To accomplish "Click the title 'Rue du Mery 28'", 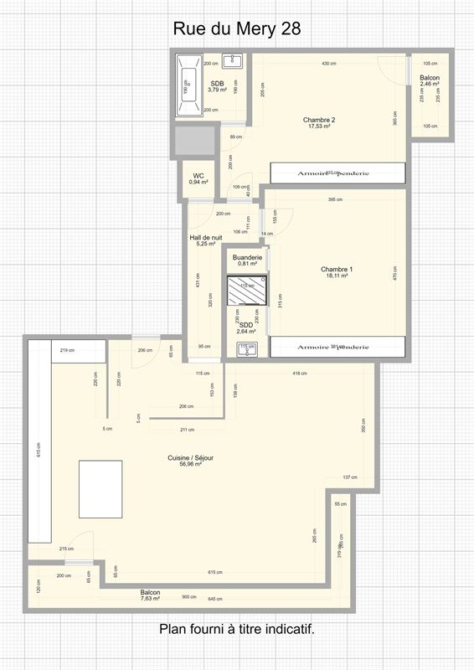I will click(x=237, y=29).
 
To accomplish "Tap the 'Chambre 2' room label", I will click(x=319, y=120).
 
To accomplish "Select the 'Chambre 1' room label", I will click(x=337, y=269).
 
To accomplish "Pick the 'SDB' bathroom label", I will click(x=217, y=83).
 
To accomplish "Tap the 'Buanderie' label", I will click(x=247, y=257).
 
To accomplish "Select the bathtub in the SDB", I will click(x=188, y=85).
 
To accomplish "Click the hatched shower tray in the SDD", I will click(x=247, y=292).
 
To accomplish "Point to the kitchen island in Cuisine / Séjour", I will click(x=100, y=488).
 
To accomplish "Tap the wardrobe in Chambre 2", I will click(x=337, y=173).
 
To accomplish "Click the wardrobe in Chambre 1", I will click(x=337, y=347).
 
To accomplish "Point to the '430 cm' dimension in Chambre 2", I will click(x=329, y=64).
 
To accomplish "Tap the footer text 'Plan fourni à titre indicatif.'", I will click(x=237, y=628).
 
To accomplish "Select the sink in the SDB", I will click(x=235, y=61).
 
